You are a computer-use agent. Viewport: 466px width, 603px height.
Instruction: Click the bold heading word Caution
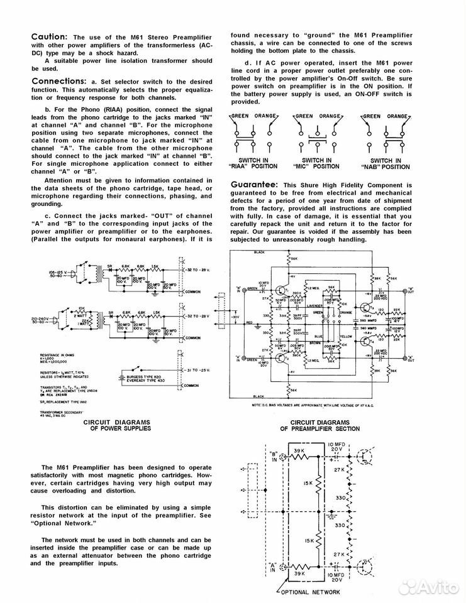point(51,37)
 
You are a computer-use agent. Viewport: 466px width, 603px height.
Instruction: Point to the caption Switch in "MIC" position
point(317,165)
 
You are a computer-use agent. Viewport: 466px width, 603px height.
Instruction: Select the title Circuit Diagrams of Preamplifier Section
point(320,426)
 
